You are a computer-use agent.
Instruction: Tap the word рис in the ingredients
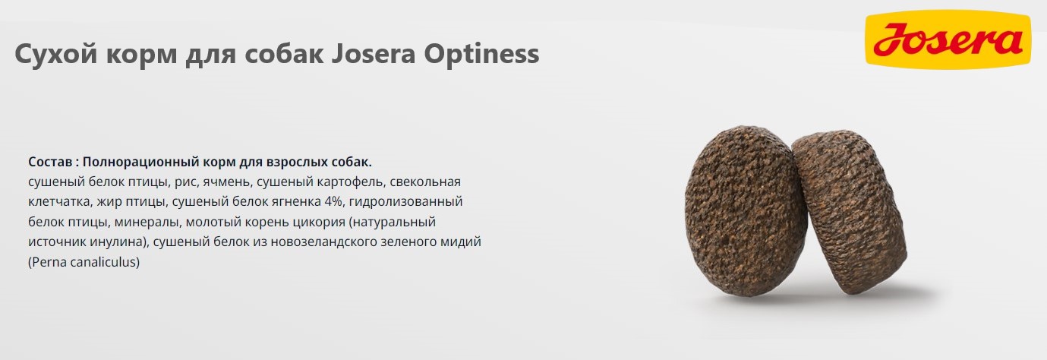point(181,182)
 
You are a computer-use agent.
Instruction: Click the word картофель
point(348,182)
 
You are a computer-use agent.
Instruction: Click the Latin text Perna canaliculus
point(84,262)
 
